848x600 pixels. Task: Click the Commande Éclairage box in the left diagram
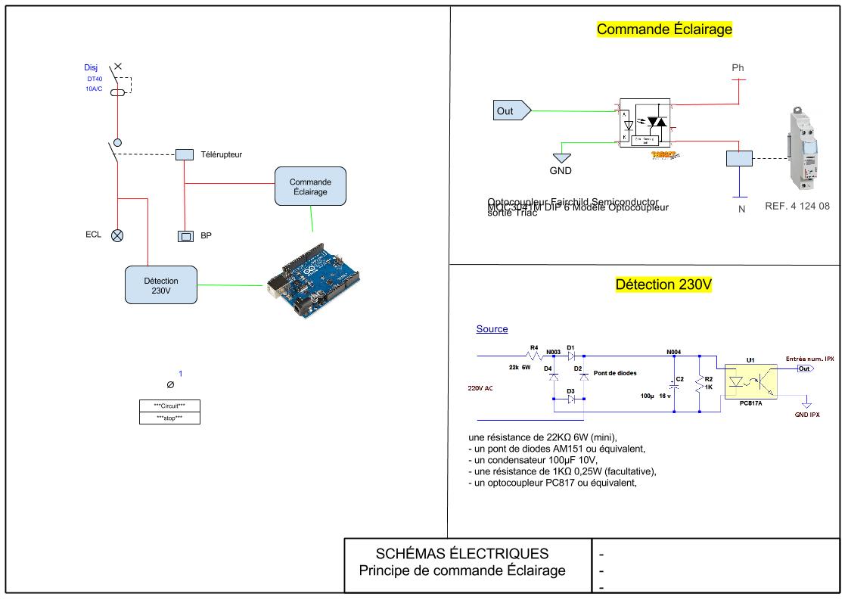click(310, 187)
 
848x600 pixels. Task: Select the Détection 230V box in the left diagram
click(161, 285)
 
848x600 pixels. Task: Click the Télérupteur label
click(221, 155)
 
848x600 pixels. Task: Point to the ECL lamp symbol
click(117, 235)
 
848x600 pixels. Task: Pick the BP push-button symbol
click(185, 236)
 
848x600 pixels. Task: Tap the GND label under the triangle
click(561, 171)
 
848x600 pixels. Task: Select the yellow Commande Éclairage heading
click(664, 30)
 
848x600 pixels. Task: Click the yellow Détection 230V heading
click(663, 285)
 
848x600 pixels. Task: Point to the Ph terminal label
click(738, 68)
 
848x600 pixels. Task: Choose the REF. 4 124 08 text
click(797, 206)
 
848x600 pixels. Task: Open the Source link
click(492, 329)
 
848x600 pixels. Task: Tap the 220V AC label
click(480, 388)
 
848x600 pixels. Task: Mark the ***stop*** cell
click(169, 418)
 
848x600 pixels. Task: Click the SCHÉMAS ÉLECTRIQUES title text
click(462, 553)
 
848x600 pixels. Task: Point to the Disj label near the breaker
click(91, 67)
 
